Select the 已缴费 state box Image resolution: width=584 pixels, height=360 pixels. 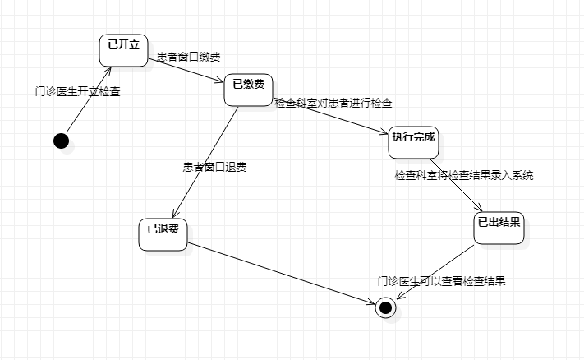click(248, 90)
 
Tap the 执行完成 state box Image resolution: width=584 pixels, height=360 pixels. click(413, 142)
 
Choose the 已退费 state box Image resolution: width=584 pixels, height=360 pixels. click(163, 234)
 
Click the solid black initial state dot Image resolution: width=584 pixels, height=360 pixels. click(61, 141)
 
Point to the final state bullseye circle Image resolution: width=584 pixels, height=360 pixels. click(385, 308)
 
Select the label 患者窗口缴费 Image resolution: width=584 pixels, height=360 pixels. click(188, 57)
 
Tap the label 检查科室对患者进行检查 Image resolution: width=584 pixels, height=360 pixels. click(333, 104)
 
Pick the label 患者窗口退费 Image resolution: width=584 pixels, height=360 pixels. click(215, 167)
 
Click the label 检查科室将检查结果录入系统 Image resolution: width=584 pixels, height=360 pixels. click(463, 175)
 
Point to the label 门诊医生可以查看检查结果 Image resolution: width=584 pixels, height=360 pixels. click(441, 281)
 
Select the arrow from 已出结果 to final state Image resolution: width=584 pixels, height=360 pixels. click(435, 271)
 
